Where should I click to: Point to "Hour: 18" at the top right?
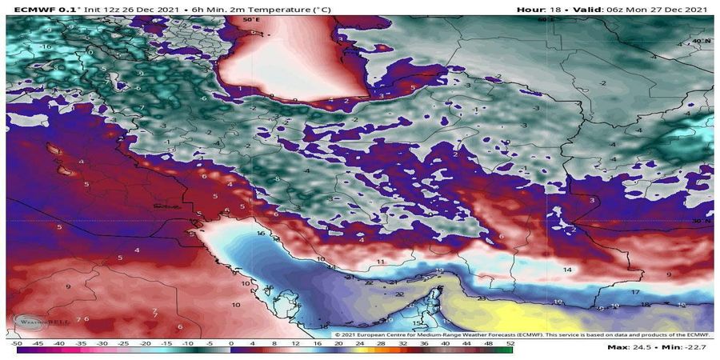point(541,9)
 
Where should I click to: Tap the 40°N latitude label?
point(701,40)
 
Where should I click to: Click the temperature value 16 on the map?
point(261,233)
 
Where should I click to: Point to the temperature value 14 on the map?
point(567,270)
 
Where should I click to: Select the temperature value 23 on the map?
point(482,298)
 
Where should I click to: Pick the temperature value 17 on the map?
point(634,293)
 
